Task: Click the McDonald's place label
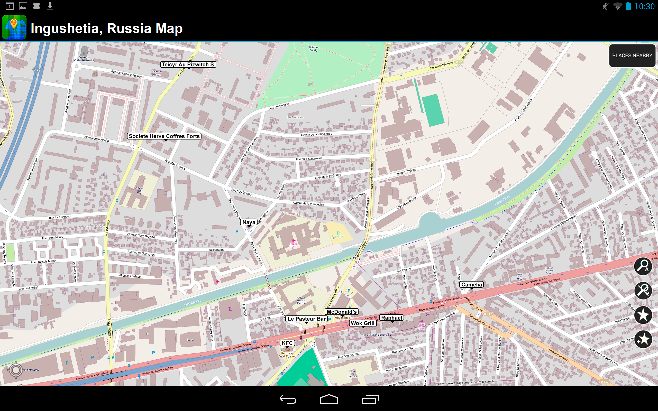coord(342,312)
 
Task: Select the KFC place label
coord(287,343)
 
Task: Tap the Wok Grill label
coord(363,323)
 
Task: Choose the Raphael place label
coord(391,318)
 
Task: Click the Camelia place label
coord(471,285)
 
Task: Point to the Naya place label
coord(249,222)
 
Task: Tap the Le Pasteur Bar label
coord(306,319)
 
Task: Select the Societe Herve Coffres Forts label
coord(164,136)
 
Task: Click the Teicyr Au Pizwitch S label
coord(188,64)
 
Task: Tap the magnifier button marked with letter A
coord(643,266)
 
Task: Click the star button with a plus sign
coord(643,339)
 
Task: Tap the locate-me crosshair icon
coord(16,370)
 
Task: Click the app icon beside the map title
coord(14,27)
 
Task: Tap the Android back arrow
coord(288,399)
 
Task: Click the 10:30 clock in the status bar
coord(644,6)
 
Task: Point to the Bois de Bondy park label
coord(313,49)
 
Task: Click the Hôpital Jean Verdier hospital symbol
coord(294,241)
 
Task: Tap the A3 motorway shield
coord(36,70)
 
